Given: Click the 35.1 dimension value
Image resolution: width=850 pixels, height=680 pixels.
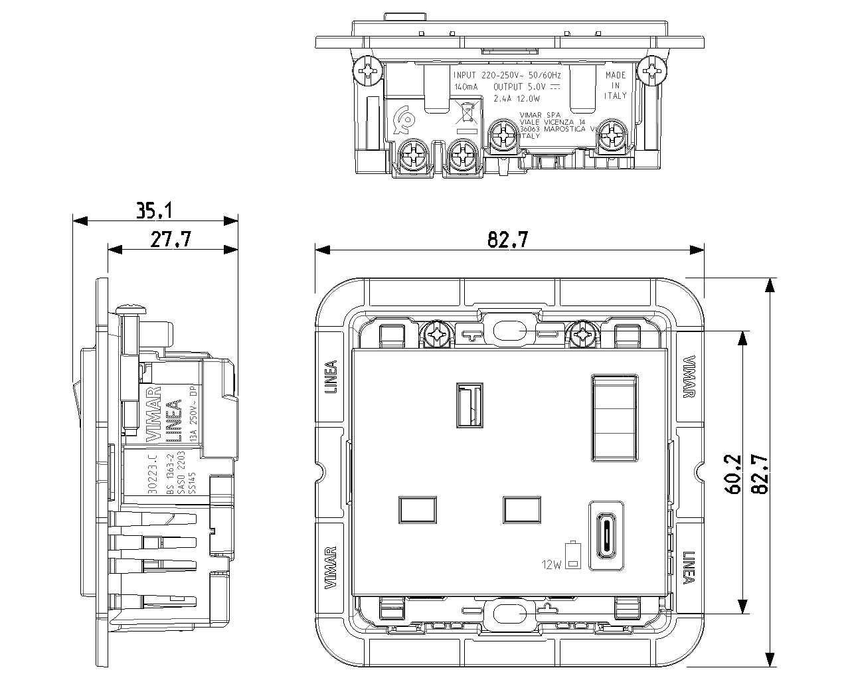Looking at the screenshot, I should click(x=154, y=211).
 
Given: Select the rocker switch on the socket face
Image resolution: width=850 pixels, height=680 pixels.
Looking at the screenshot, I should click(x=614, y=418).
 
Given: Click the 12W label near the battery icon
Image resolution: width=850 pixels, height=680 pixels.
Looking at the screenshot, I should click(x=551, y=565).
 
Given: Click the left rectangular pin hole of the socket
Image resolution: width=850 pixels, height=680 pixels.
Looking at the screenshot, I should click(x=417, y=509).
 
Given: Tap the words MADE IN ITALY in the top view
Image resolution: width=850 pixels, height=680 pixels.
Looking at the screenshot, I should click(x=616, y=86).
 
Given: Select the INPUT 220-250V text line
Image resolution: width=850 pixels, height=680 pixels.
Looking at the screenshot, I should click(x=506, y=76).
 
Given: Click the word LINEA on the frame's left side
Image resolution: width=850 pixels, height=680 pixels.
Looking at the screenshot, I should click(x=331, y=377).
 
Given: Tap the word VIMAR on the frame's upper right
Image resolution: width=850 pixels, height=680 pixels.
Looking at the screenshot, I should click(x=689, y=377).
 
